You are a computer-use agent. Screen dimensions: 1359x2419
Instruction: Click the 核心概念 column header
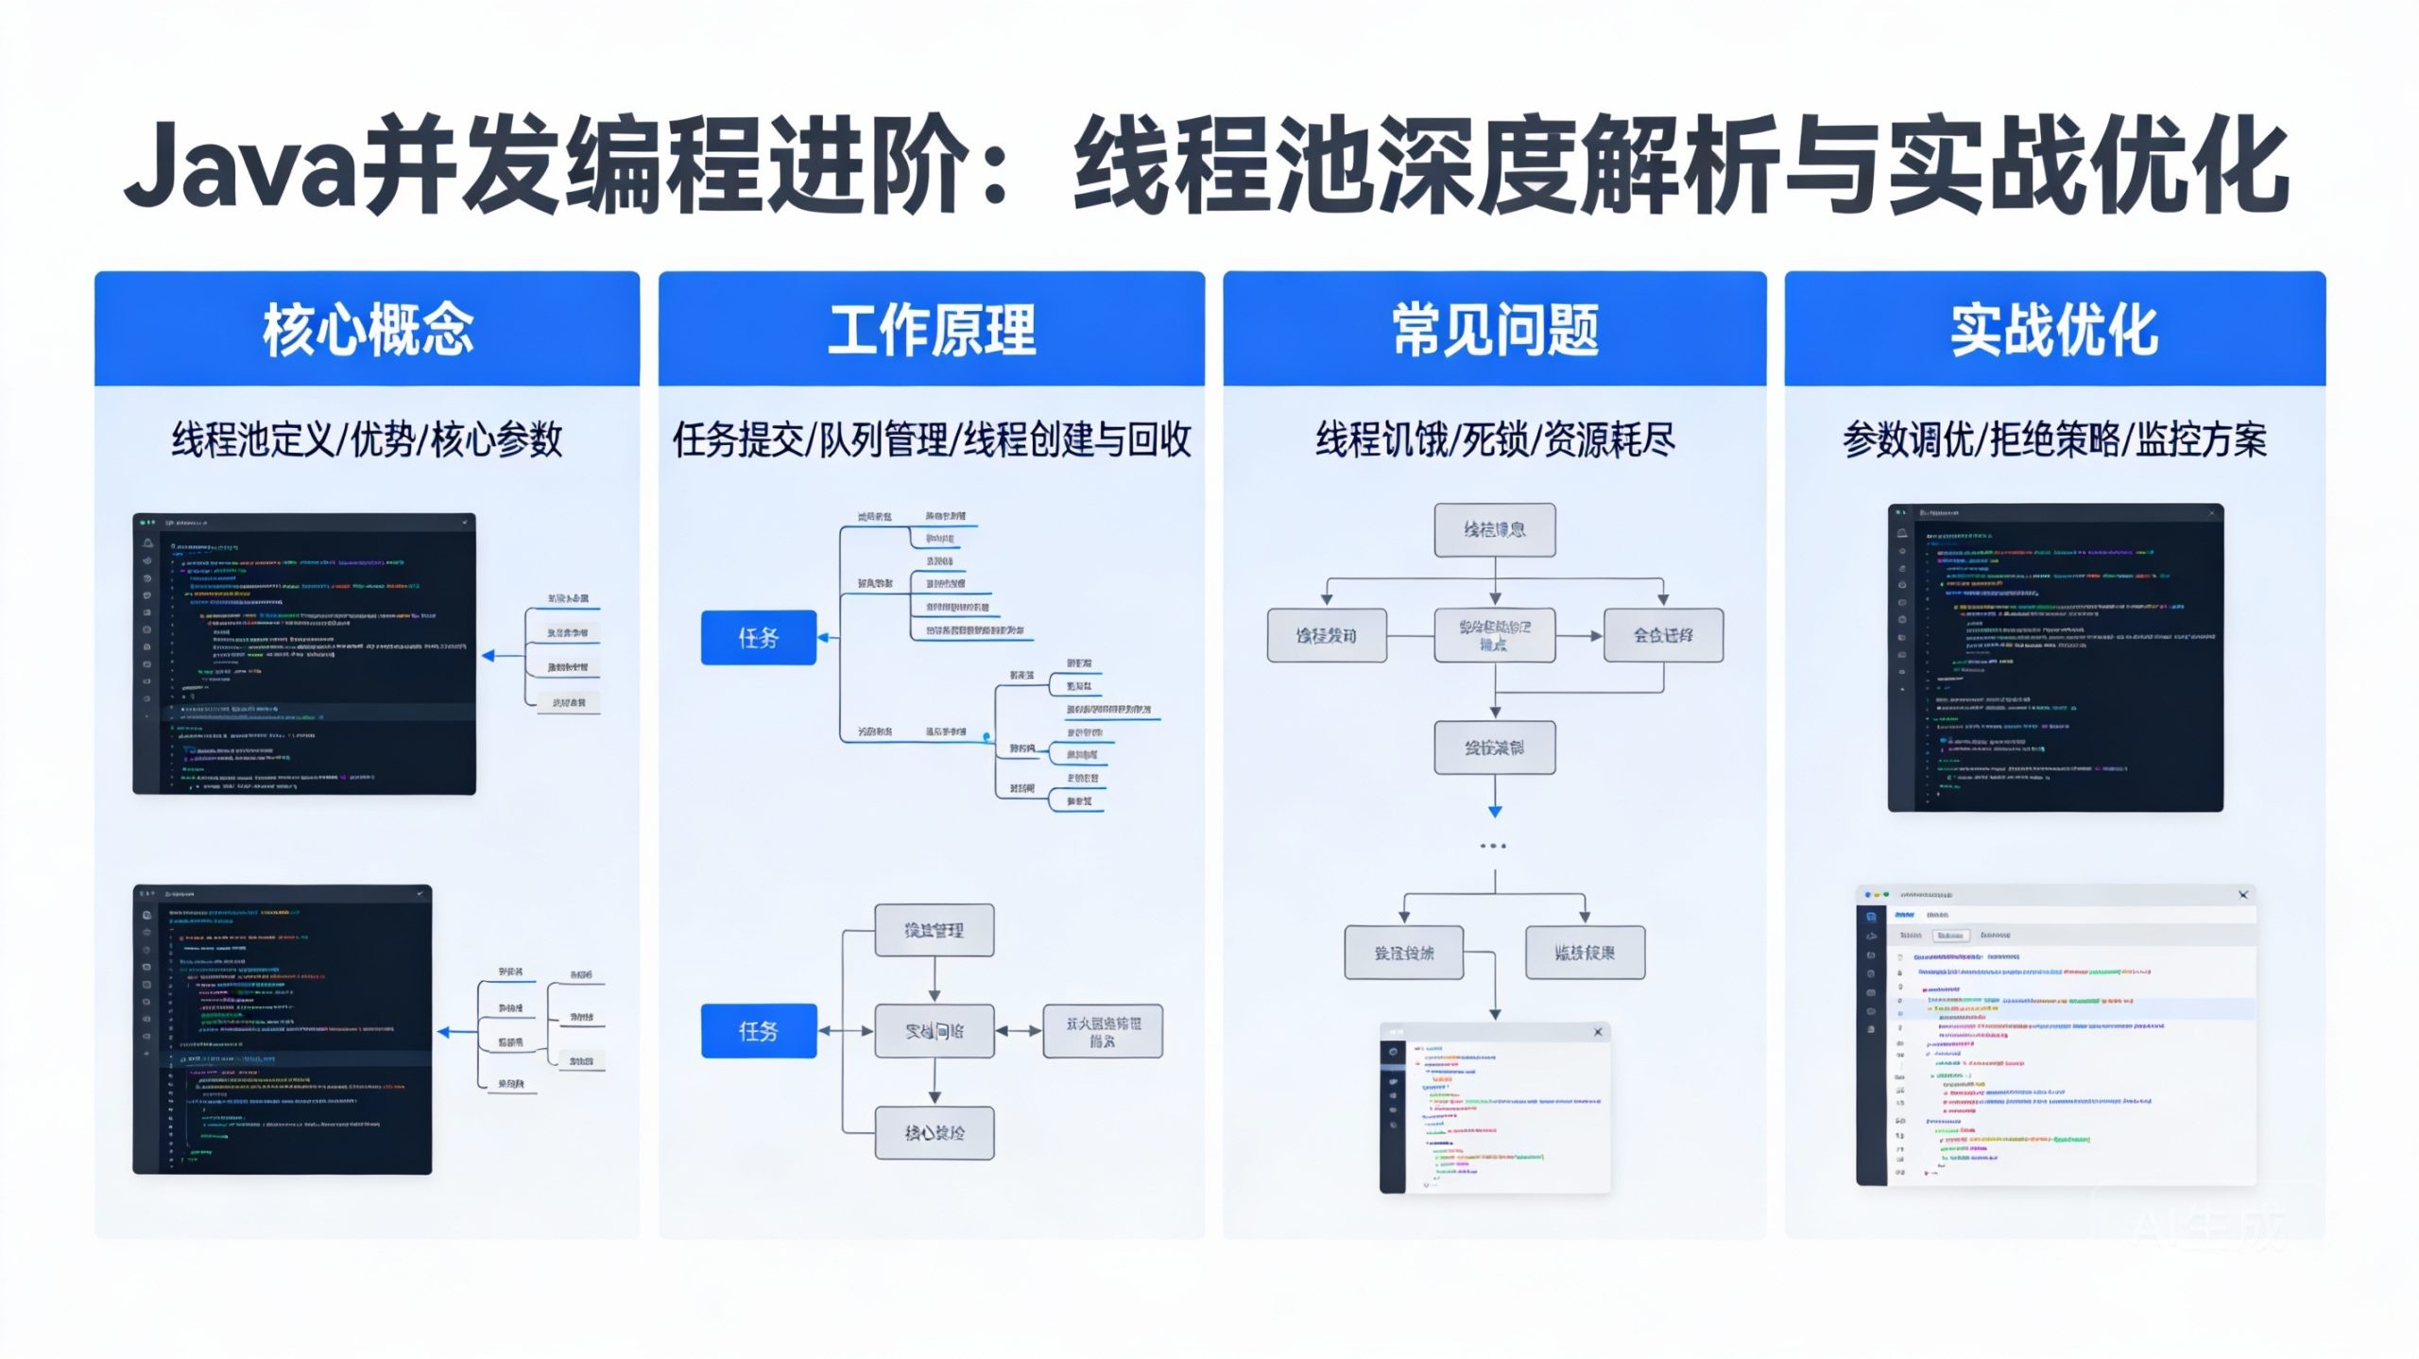[x=368, y=330]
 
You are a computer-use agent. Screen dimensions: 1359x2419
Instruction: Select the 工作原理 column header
[x=932, y=330]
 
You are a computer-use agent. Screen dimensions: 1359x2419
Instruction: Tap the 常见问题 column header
[x=1495, y=330]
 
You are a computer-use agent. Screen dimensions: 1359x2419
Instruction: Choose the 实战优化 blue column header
[x=2054, y=330]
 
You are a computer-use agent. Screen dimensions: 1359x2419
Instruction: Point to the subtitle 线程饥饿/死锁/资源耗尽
[x=1495, y=440]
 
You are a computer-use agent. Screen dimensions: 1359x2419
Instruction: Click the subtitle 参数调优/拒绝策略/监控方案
[x=2054, y=440]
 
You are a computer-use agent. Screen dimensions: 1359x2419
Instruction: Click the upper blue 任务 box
[x=758, y=638]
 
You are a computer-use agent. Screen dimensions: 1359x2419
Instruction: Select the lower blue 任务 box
[x=758, y=1030]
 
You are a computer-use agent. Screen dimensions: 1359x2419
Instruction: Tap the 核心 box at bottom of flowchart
[x=934, y=1132]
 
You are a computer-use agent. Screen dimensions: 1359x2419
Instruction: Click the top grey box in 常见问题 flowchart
[x=1494, y=529]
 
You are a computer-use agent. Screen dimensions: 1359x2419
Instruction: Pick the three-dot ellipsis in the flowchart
[x=1493, y=846]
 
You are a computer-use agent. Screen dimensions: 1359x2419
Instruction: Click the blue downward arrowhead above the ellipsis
[x=1495, y=811]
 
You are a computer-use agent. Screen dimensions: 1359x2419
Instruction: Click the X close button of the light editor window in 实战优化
[x=2243, y=895]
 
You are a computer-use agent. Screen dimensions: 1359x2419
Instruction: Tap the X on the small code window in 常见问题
[x=1598, y=1032]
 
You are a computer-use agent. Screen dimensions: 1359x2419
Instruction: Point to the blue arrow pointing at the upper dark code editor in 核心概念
[x=490, y=655]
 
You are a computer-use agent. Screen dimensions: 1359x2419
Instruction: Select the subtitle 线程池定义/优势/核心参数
[x=367, y=440]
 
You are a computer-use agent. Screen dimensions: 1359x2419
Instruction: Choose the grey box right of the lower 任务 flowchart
[x=1102, y=1031]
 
